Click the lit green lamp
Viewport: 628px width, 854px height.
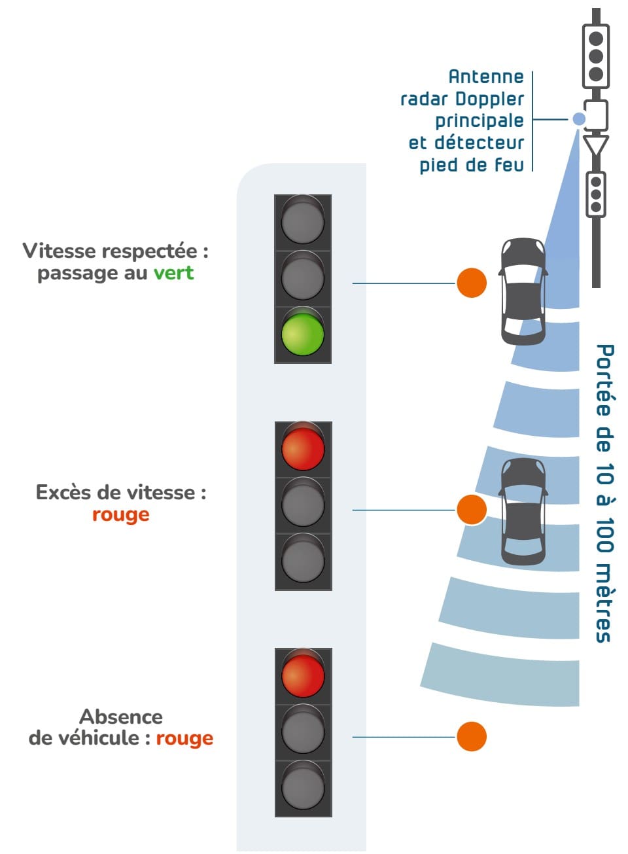point(303,334)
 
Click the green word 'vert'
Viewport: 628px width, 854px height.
point(173,273)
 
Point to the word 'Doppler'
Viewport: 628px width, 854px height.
point(490,99)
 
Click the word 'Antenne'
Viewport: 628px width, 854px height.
point(486,77)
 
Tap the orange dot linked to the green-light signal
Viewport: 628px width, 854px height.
point(471,283)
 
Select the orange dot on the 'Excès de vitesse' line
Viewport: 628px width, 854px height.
point(471,509)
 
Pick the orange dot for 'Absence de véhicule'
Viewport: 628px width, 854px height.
point(471,736)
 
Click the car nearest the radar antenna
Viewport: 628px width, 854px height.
point(523,291)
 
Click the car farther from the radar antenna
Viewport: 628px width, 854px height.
point(523,512)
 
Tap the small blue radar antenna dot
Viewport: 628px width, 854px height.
point(579,119)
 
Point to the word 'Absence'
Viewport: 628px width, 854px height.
point(121,717)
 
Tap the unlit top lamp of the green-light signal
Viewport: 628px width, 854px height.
point(303,221)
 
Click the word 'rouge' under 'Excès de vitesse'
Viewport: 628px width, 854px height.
point(120,514)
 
